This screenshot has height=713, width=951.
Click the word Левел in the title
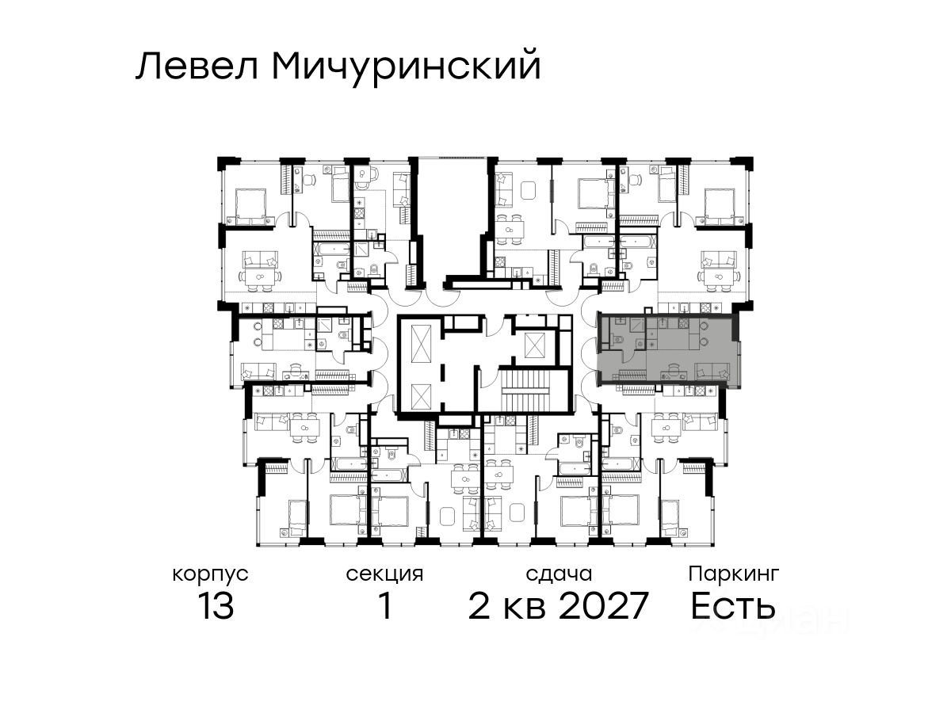pos(197,67)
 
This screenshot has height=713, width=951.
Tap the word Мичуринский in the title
pos(406,67)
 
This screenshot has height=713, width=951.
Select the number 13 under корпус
pos(216,605)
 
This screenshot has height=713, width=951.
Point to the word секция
pos(384,574)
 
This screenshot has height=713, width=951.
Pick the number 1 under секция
pos(385,605)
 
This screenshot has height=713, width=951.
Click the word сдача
pos(559,574)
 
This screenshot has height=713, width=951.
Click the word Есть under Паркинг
pos(732,605)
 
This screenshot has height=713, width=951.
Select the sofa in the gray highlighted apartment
pos(712,371)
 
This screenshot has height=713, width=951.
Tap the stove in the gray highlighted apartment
pos(683,323)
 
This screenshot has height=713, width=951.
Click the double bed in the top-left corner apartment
pos(250,207)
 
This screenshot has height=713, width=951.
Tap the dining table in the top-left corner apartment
pos(260,276)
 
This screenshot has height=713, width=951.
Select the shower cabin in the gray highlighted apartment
pos(638,325)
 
